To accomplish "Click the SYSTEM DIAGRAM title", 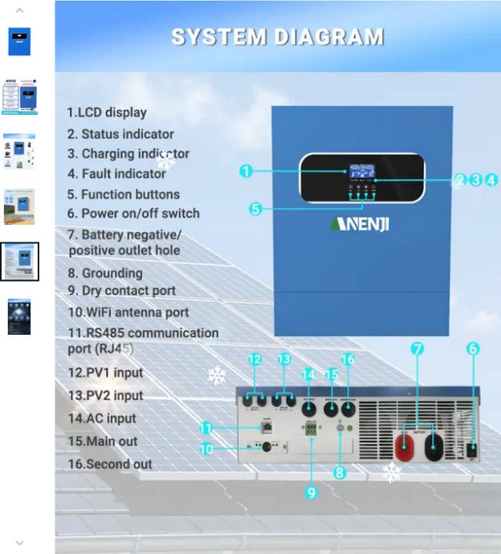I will click(277, 37).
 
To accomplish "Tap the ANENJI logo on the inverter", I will click(360, 223).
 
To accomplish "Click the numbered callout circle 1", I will click(246, 171).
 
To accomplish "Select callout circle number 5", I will click(255, 209).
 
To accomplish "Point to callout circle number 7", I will click(417, 348).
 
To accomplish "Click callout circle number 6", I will click(473, 348).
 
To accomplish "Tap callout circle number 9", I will click(312, 492).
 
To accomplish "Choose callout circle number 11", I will click(206, 429).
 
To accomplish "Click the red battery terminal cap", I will click(405, 446).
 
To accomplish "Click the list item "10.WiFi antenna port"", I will click(128, 312).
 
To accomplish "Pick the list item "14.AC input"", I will click(102, 418).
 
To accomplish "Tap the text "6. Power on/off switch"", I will click(133, 214).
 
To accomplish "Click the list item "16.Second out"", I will click(110, 464).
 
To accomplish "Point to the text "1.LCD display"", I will click(107, 112).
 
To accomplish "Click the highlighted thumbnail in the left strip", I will click(19, 262).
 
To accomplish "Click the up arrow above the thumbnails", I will click(19, 10).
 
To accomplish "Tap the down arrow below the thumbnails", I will click(19, 543).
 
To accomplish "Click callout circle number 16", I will click(348, 360).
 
